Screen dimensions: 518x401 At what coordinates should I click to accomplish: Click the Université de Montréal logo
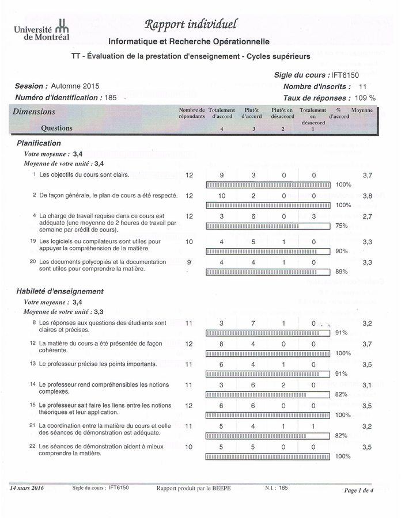pos(41,30)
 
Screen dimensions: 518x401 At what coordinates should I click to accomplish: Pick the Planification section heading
pos(39,143)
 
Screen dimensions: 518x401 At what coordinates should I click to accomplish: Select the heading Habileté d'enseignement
pos(60,291)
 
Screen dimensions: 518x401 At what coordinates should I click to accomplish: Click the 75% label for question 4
pos(342,226)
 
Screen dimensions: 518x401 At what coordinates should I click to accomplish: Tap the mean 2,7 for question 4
pos(367,216)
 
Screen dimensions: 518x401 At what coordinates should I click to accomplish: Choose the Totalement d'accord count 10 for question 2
pos(222,196)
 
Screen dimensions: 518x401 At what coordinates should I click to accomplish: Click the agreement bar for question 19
pos(268,251)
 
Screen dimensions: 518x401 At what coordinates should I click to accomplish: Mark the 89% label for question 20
pos(342,272)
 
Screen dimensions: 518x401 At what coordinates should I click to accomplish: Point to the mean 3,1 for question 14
pos(367,384)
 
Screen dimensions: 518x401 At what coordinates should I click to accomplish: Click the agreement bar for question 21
pos(255,436)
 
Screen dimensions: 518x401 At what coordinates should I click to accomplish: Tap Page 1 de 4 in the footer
pos(358,490)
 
